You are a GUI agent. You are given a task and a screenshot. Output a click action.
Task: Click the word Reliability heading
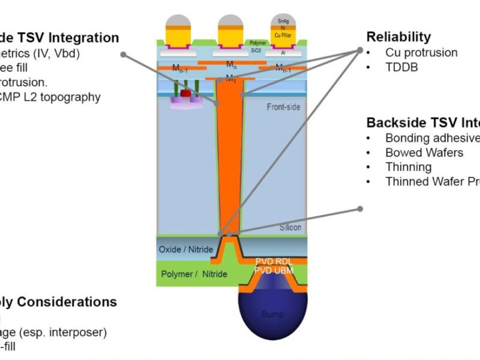pyautogui.click(x=398, y=37)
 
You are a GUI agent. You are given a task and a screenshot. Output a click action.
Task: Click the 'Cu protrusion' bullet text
pyautogui.click(x=421, y=53)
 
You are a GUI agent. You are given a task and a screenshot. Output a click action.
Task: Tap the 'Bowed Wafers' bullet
pyautogui.click(x=424, y=152)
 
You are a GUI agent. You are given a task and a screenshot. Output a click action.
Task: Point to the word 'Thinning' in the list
pyautogui.click(x=408, y=167)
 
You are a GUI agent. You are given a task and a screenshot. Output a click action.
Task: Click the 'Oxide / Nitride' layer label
pyautogui.click(x=184, y=249)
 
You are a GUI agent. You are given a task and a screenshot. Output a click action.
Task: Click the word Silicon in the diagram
pyautogui.click(x=290, y=228)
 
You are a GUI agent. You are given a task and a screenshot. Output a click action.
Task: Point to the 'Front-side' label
pyautogui.click(x=284, y=107)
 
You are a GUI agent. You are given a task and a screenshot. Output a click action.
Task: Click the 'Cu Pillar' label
pyautogui.click(x=283, y=35)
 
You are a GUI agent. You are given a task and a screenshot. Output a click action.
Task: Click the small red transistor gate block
pyautogui.click(x=186, y=94)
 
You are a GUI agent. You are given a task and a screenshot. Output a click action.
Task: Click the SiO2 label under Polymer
pyautogui.click(x=257, y=52)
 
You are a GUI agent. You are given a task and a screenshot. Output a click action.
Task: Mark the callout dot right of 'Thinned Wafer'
pyautogui.click(x=360, y=209)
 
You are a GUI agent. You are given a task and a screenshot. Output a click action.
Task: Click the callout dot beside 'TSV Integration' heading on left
pyautogui.click(x=124, y=53)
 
